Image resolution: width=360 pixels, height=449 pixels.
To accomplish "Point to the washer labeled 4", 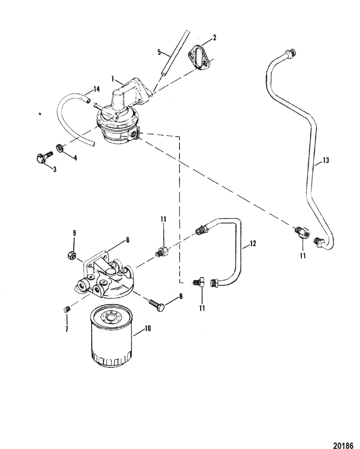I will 59,146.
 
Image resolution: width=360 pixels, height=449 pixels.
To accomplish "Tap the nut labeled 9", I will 71,255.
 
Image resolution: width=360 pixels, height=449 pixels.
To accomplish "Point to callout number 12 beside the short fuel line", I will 252,243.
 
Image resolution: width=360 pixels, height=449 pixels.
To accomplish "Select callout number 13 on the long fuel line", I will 326,161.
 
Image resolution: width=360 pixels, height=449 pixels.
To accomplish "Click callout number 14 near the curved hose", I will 97,89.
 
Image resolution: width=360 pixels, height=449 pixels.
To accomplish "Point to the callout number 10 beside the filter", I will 148,329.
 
